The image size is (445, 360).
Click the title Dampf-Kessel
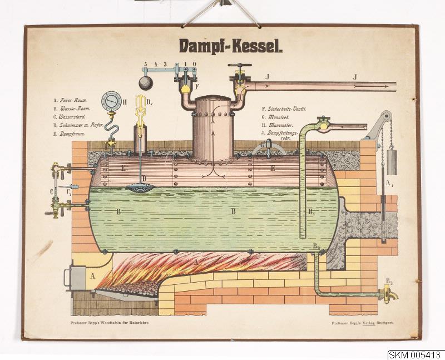[230, 46]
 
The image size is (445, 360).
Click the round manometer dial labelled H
[111, 101]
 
